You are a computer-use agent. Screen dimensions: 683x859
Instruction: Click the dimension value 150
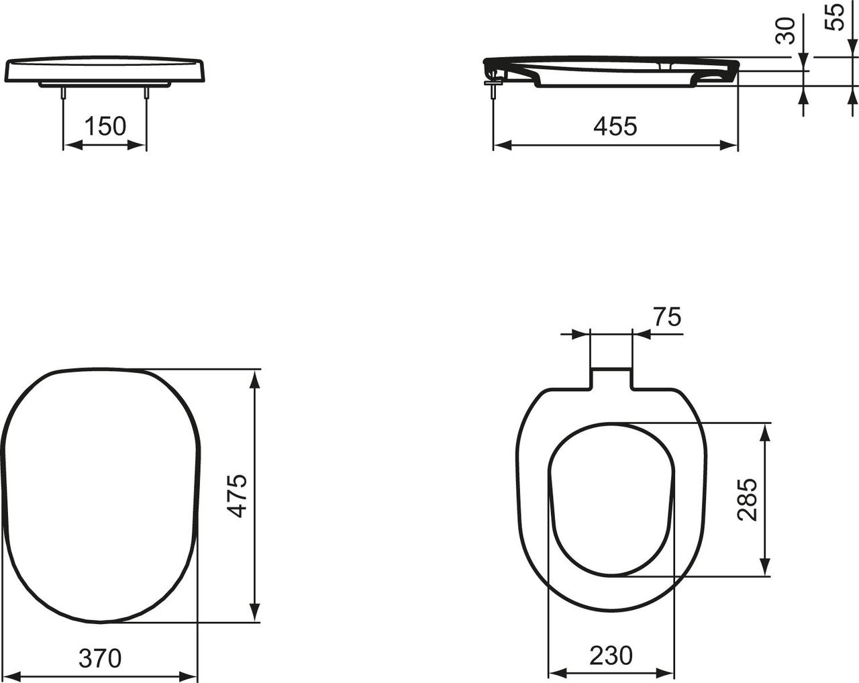point(105,126)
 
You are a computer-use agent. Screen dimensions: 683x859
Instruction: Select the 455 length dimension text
point(615,126)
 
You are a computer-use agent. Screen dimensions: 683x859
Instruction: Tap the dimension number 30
point(785,30)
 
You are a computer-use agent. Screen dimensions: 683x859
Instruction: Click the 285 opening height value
point(747,499)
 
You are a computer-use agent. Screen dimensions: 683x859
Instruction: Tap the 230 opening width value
point(611,655)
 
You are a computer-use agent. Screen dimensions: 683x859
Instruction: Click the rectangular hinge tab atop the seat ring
point(611,377)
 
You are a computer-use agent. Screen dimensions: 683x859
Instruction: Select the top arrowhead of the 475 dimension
point(254,380)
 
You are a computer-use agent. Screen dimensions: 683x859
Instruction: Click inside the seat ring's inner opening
point(611,499)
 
